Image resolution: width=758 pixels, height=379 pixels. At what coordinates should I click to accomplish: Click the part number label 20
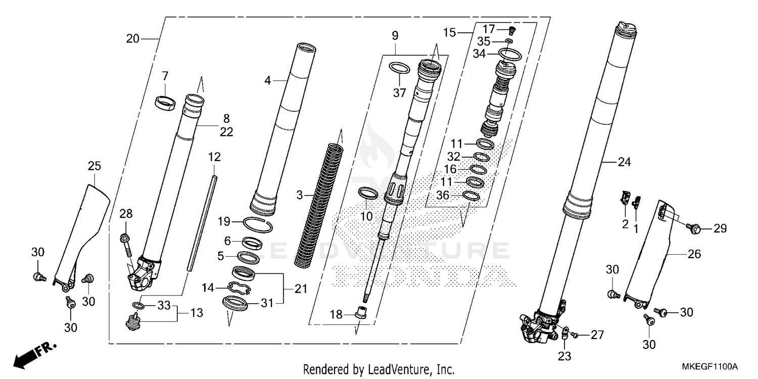click(x=132, y=38)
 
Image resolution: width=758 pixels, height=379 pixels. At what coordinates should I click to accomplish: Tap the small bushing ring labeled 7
click(x=165, y=102)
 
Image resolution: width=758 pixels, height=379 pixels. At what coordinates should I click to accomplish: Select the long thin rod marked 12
click(x=202, y=222)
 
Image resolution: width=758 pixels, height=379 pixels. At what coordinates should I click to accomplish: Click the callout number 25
click(x=94, y=166)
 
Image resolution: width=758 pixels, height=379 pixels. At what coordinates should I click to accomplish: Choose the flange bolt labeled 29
click(x=695, y=229)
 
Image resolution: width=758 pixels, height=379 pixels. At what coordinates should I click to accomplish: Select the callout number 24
click(x=624, y=162)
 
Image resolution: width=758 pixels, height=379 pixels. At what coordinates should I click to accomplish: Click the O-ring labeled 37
click(x=399, y=68)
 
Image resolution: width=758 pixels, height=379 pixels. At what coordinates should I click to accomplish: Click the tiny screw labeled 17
click(x=511, y=29)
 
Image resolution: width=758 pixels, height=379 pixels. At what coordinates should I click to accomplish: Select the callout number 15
click(x=450, y=33)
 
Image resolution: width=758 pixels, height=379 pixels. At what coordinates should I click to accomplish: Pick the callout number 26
click(x=694, y=254)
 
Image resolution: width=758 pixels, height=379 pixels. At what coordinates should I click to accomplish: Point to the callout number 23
click(x=564, y=356)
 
